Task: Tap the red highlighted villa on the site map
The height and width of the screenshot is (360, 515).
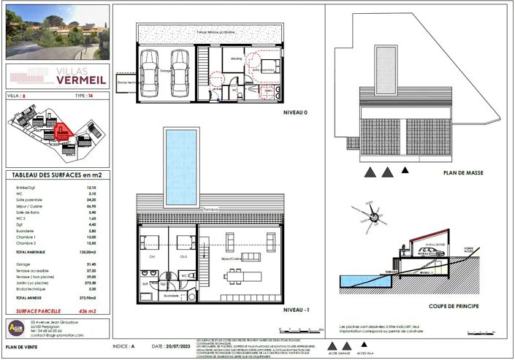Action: (x=61, y=131)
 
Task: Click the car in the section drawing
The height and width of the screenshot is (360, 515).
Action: (x=430, y=250)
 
